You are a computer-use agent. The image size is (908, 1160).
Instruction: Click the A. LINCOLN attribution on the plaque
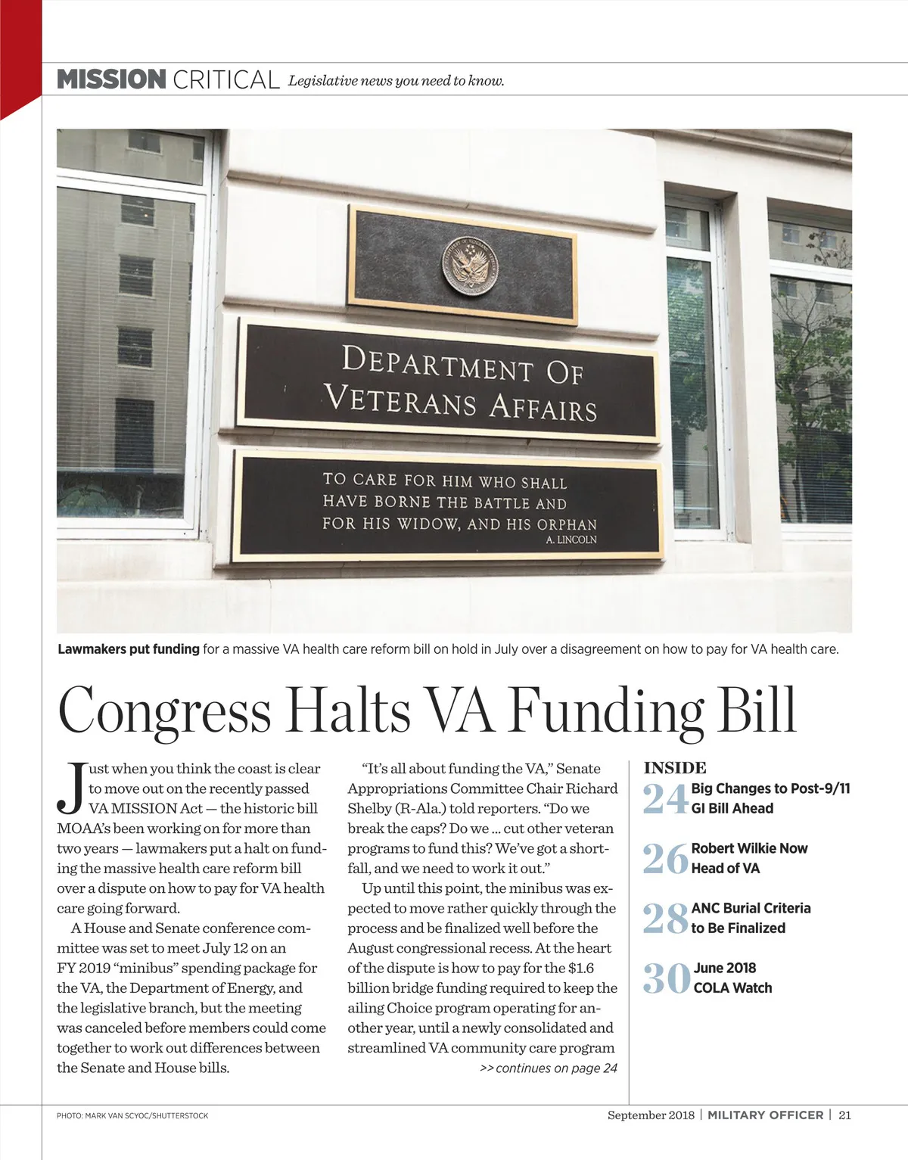(571, 540)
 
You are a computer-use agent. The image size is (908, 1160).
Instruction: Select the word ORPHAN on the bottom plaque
(567, 524)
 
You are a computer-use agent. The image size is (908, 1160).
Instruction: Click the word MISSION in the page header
(111, 79)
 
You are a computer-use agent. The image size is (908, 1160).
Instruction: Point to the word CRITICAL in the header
(226, 79)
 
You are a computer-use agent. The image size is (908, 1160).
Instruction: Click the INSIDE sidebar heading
(675, 768)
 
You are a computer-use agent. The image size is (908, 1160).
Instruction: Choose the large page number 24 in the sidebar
(665, 799)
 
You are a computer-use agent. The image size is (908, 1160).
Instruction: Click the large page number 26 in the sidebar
(665, 859)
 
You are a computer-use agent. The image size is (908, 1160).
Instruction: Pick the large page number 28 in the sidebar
(665, 919)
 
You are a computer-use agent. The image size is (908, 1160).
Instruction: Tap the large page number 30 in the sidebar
(667, 978)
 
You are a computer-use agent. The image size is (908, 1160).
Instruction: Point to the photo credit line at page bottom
(132, 1116)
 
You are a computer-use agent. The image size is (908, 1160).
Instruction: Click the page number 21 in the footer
(845, 1115)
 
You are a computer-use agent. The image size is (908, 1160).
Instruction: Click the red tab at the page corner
(20, 53)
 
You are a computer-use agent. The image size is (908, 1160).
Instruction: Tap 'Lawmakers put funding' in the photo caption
(129, 649)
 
